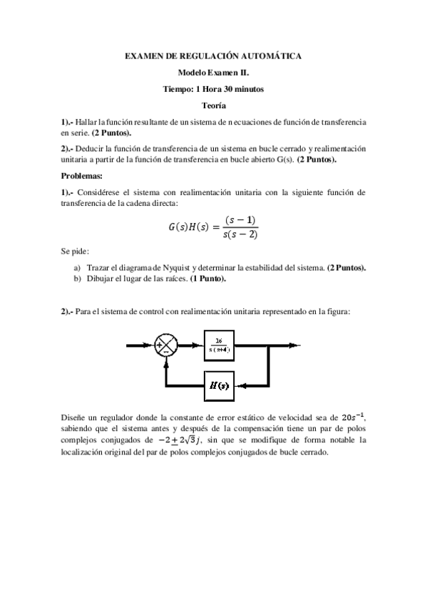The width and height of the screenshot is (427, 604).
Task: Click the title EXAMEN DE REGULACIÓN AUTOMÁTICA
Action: coord(213,55)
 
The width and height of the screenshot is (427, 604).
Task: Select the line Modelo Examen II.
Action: coord(213,72)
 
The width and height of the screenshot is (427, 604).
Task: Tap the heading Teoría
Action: coord(213,105)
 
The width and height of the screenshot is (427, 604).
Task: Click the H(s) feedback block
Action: coord(219,386)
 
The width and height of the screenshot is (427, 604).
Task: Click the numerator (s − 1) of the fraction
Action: coord(240,222)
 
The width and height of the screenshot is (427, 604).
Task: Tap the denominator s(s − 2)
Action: coord(240,234)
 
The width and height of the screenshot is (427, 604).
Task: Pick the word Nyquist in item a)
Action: coord(163,267)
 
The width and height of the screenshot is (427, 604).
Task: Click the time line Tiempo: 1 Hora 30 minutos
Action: coord(213,89)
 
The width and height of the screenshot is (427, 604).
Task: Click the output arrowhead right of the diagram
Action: coord(297,346)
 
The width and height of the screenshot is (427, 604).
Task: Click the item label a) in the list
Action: coord(76,267)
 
